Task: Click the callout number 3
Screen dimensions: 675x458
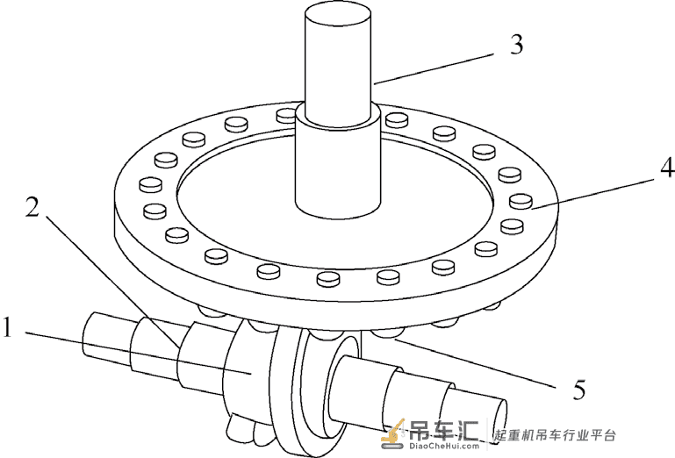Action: click(517, 45)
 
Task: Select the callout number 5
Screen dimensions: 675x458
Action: click(579, 390)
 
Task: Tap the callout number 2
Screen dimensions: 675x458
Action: click(32, 207)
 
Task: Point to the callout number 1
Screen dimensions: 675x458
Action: click(7, 327)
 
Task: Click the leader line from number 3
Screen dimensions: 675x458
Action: click(434, 68)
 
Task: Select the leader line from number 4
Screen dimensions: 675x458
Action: click(596, 193)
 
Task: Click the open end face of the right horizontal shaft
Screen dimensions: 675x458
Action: click(497, 415)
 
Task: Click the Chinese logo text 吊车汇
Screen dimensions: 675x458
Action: click(444, 428)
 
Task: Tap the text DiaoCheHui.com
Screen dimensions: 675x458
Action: click(443, 446)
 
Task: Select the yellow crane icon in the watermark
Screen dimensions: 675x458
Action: click(393, 432)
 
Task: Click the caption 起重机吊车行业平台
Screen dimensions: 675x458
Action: click(555, 435)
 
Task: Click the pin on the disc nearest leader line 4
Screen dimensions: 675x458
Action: click(521, 201)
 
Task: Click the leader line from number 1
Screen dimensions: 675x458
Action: click(137, 353)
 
